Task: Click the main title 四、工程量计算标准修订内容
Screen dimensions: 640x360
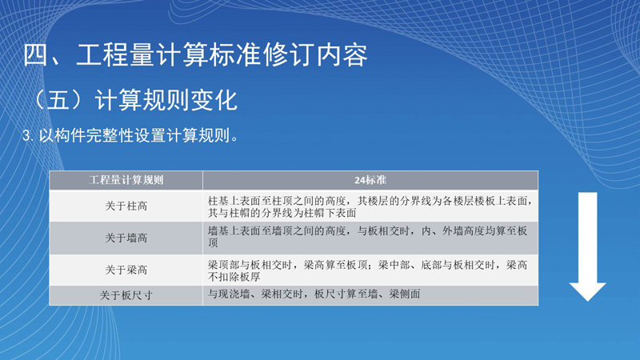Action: (x=195, y=55)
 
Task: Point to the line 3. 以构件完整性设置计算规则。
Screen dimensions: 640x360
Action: (x=130, y=135)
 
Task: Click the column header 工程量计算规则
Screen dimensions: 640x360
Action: (x=126, y=180)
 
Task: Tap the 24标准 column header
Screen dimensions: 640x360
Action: (x=370, y=180)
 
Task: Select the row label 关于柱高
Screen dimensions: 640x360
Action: (x=126, y=206)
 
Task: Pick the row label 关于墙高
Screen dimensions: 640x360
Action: (x=126, y=238)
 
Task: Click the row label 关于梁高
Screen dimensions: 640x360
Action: (x=126, y=270)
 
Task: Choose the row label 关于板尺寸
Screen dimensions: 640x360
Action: (x=126, y=295)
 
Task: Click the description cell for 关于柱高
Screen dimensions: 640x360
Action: (x=370, y=206)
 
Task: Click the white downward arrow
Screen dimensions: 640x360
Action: (x=588, y=247)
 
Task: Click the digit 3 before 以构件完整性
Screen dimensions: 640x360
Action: (x=26, y=136)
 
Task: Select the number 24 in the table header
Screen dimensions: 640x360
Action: (x=359, y=180)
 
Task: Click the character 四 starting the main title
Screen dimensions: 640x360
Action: (x=36, y=55)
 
